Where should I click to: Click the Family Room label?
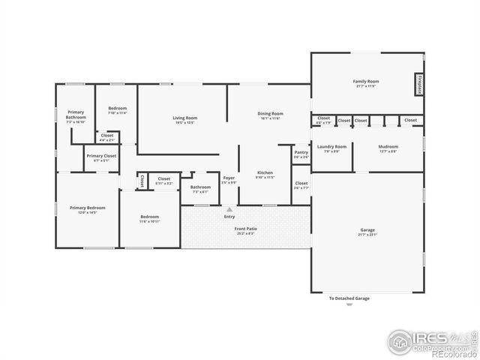[x=366, y=82]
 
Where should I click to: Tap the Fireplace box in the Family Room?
[x=418, y=84]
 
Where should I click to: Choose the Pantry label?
[x=301, y=154]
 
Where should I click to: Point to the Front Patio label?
[x=245, y=231]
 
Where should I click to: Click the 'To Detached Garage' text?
[x=349, y=298]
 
